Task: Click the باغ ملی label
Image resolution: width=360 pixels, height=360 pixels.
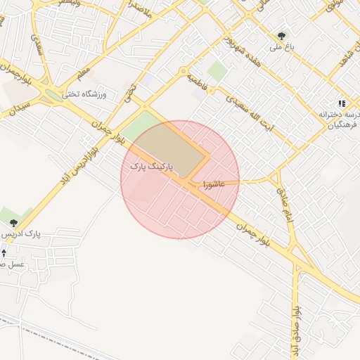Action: coord(281,49)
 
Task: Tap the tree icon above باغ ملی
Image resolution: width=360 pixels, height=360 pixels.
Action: coord(282,34)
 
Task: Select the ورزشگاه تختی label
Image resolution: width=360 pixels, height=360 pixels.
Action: coord(84,94)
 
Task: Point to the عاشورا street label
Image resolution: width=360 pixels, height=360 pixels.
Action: coord(212,184)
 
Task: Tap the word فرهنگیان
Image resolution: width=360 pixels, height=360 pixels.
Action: coord(340,126)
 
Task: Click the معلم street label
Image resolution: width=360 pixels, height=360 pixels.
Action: coord(84,72)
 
